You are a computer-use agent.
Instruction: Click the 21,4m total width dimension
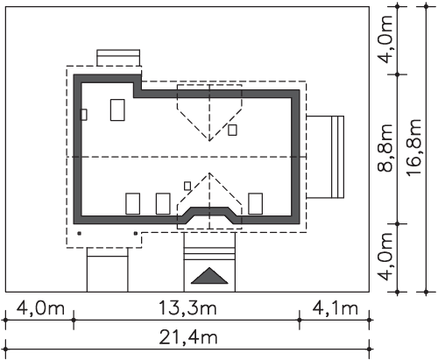(188, 337)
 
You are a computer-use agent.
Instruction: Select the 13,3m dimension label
(187, 308)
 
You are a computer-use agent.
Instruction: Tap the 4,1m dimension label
(335, 308)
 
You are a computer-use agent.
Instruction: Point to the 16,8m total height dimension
(414, 147)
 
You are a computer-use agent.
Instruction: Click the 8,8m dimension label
(385, 147)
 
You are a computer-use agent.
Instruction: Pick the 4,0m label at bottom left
(40, 308)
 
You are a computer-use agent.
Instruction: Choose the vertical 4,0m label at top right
(385, 39)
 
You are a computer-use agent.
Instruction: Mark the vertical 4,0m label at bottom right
(385, 257)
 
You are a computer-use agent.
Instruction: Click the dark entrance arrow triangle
(209, 276)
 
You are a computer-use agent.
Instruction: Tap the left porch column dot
(79, 233)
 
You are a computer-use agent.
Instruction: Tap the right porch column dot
(136, 233)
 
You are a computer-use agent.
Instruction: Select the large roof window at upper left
(117, 110)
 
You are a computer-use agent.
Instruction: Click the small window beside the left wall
(83, 115)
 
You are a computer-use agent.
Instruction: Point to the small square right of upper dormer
(232, 130)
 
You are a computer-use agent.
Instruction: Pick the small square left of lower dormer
(187, 186)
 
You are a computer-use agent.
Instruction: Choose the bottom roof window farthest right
(256, 203)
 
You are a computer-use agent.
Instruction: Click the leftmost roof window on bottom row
(133, 203)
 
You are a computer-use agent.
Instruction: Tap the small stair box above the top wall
(118, 58)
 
